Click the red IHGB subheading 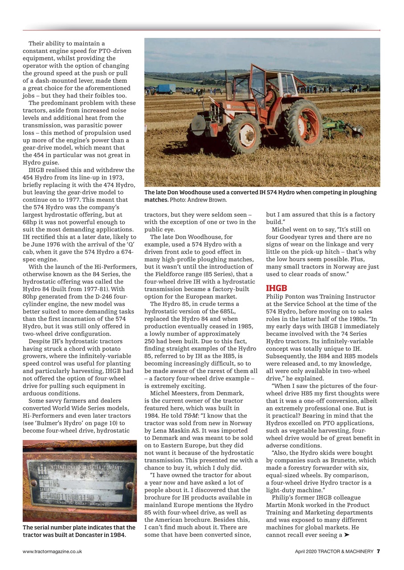tap(276, 288)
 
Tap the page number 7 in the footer tap(378, 551)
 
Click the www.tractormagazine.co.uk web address tap(52, 551)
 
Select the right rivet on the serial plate tap(130, 485)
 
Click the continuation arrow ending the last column tap(347, 535)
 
